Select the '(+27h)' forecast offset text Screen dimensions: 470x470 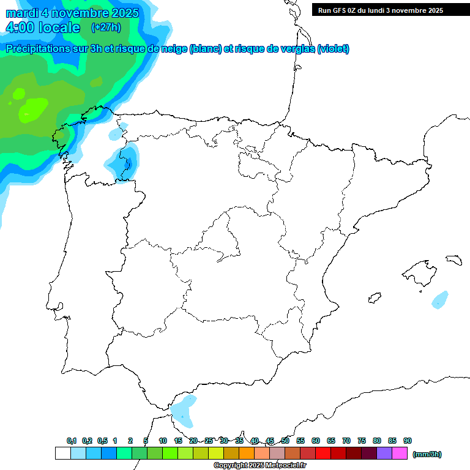[x=106, y=28]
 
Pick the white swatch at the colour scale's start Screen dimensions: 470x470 [x=62, y=453]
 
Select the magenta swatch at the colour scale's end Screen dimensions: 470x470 [x=400, y=453]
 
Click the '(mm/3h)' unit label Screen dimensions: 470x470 [x=427, y=454]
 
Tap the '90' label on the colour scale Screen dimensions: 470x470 [x=408, y=441]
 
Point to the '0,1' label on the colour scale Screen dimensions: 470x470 [x=72, y=441]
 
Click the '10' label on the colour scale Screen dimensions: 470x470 [x=163, y=441]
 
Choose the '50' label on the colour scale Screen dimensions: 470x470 [x=285, y=441]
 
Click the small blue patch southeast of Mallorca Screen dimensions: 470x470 [x=440, y=299]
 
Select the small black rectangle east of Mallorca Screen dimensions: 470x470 [x=453, y=260]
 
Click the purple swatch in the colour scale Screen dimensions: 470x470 [x=384, y=453]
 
